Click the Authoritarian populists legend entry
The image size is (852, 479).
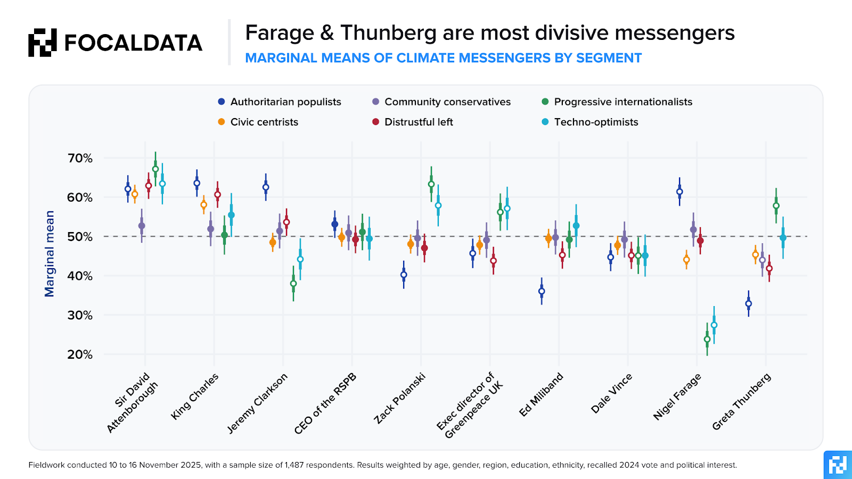pyautogui.click(x=280, y=102)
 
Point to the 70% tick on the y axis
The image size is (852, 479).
pyautogui.click(x=80, y=158)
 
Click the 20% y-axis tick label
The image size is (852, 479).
pyautogui.click(x=80, y=354)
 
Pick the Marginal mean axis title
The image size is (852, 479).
pyautogui.click(x=50, y=254)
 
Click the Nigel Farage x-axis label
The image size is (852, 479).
pyautogui.click(x=677, y=397)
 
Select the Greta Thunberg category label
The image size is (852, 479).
pyautogui.click(x=741, y=402)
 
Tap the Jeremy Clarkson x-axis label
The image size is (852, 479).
pyautogui.click(x=257, y=403)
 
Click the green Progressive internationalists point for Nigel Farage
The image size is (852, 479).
pyautogui.click(x=707, y=339)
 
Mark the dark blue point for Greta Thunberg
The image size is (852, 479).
pyautogui.click(x=748, y=304)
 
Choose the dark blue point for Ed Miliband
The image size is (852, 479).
pyautogui.click(x=542, y=291)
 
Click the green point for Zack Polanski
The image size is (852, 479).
pyautogui.click(x=431, y=184)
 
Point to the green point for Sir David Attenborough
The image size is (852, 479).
pyautogui.click(x=155, y=169)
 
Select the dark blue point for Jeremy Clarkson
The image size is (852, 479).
pyautogui.click(x=266, y=187)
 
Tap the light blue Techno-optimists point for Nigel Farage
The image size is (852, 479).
pyautogui.click(x=714, y=325)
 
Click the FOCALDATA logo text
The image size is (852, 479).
pyautogui.click(x=133, y=43)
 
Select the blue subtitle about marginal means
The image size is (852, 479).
pyautogui.click(x=443, y=58)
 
